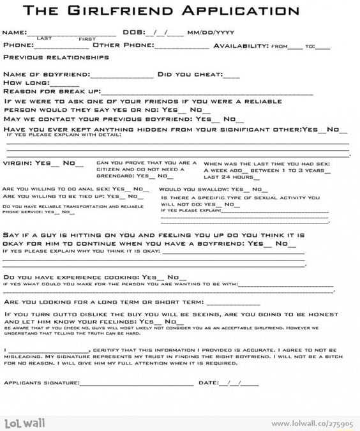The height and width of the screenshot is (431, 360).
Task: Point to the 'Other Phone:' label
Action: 123,45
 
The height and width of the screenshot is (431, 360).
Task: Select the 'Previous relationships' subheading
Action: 56,57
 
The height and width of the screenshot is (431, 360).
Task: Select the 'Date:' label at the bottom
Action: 209,382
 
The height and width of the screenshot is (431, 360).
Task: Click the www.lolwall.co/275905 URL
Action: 313,423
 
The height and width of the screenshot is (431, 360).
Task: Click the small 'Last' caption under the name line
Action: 44,39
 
